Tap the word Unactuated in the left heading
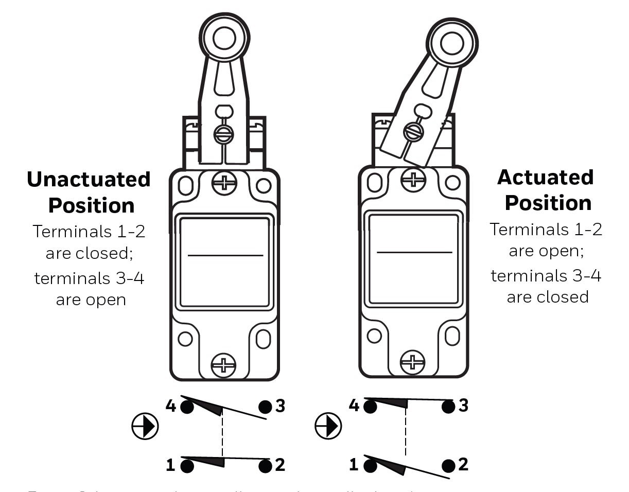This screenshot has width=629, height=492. point(89,179)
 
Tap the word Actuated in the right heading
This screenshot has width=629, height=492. point(546,177)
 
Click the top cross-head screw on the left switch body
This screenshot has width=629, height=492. point(224,183)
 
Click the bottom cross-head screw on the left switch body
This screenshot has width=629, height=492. point(224,365)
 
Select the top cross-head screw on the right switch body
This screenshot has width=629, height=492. point(413,179)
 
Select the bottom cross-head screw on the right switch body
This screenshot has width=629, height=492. point(413,363)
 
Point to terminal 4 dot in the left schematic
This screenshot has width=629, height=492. point(187,407)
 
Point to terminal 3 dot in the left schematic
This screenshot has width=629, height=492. point(266,407)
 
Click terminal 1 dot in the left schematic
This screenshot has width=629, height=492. point(187,466)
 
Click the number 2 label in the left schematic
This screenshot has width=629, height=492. point(280,465)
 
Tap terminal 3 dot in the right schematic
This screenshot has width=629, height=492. point(449,407)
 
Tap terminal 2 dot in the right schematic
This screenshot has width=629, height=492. point(449,466)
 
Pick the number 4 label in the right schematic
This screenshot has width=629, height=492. point(354,406)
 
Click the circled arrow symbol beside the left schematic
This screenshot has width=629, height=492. point(145,427)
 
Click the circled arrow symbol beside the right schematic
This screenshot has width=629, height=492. point(328,426)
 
